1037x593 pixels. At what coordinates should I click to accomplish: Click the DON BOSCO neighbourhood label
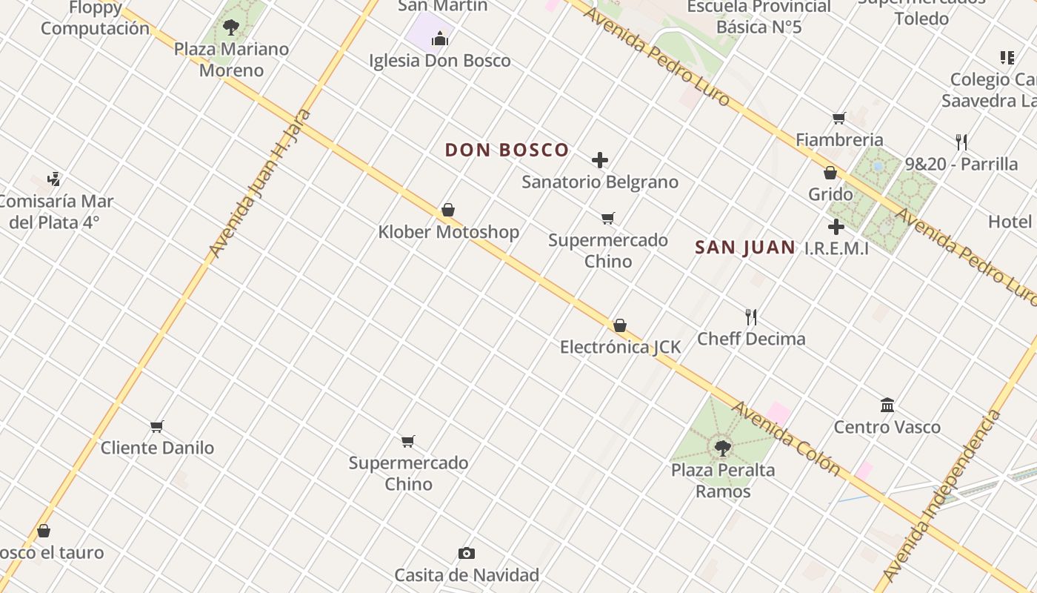(507, 150)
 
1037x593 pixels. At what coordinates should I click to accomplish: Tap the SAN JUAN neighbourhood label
(745, 248)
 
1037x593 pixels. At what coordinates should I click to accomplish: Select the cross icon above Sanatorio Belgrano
(600, 160)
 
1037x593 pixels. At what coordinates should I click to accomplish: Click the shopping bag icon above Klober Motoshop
(448, 211)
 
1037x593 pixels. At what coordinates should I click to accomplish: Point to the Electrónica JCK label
(620, 347)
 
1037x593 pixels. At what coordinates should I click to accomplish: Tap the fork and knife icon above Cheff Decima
(751, 317)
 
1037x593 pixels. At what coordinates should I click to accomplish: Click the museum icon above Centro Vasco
(887, 405)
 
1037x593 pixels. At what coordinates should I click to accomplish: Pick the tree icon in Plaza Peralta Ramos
(722, 448)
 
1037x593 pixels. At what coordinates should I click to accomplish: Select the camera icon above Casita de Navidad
(467, 553)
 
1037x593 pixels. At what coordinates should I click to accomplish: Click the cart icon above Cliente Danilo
(156, 426)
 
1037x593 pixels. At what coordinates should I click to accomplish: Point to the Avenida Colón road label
(786, 438)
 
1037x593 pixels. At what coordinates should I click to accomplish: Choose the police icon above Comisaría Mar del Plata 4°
(53, 179)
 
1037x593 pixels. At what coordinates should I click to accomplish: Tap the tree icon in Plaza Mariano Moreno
(231, 27)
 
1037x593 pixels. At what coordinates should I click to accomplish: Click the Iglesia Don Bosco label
(440, 61)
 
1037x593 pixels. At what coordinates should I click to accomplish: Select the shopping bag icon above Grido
(830, 173)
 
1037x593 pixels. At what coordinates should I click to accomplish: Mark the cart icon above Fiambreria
(838, 119)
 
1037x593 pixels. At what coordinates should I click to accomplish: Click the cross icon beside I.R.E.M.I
(836, 227)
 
